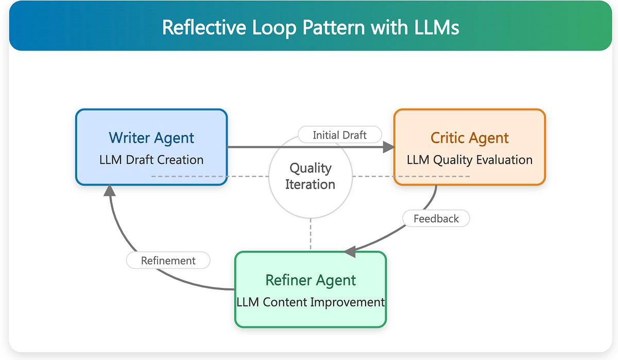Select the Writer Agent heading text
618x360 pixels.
[x=151, y=138]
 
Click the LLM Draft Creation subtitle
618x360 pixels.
[x=151, y=160]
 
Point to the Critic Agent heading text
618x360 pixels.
[x=470, y=138]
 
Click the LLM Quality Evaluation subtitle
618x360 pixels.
[x=470, y=160]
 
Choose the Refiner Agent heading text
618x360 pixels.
[x=311, y=280]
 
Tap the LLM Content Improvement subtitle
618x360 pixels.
[x=311, y=302]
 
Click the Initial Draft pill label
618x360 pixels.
[x=340, y=135]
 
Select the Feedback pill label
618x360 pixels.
[x=436, y=218]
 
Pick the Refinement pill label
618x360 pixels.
[x=168, y=261]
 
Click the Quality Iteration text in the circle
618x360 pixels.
[x=311, y=176]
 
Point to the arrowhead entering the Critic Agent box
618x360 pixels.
[x=388, y=147]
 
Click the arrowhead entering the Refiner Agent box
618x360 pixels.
[x=350, y=251]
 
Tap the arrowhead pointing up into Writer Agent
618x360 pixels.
[x=109, y=191]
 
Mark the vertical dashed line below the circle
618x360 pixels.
[x=311, y=234]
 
